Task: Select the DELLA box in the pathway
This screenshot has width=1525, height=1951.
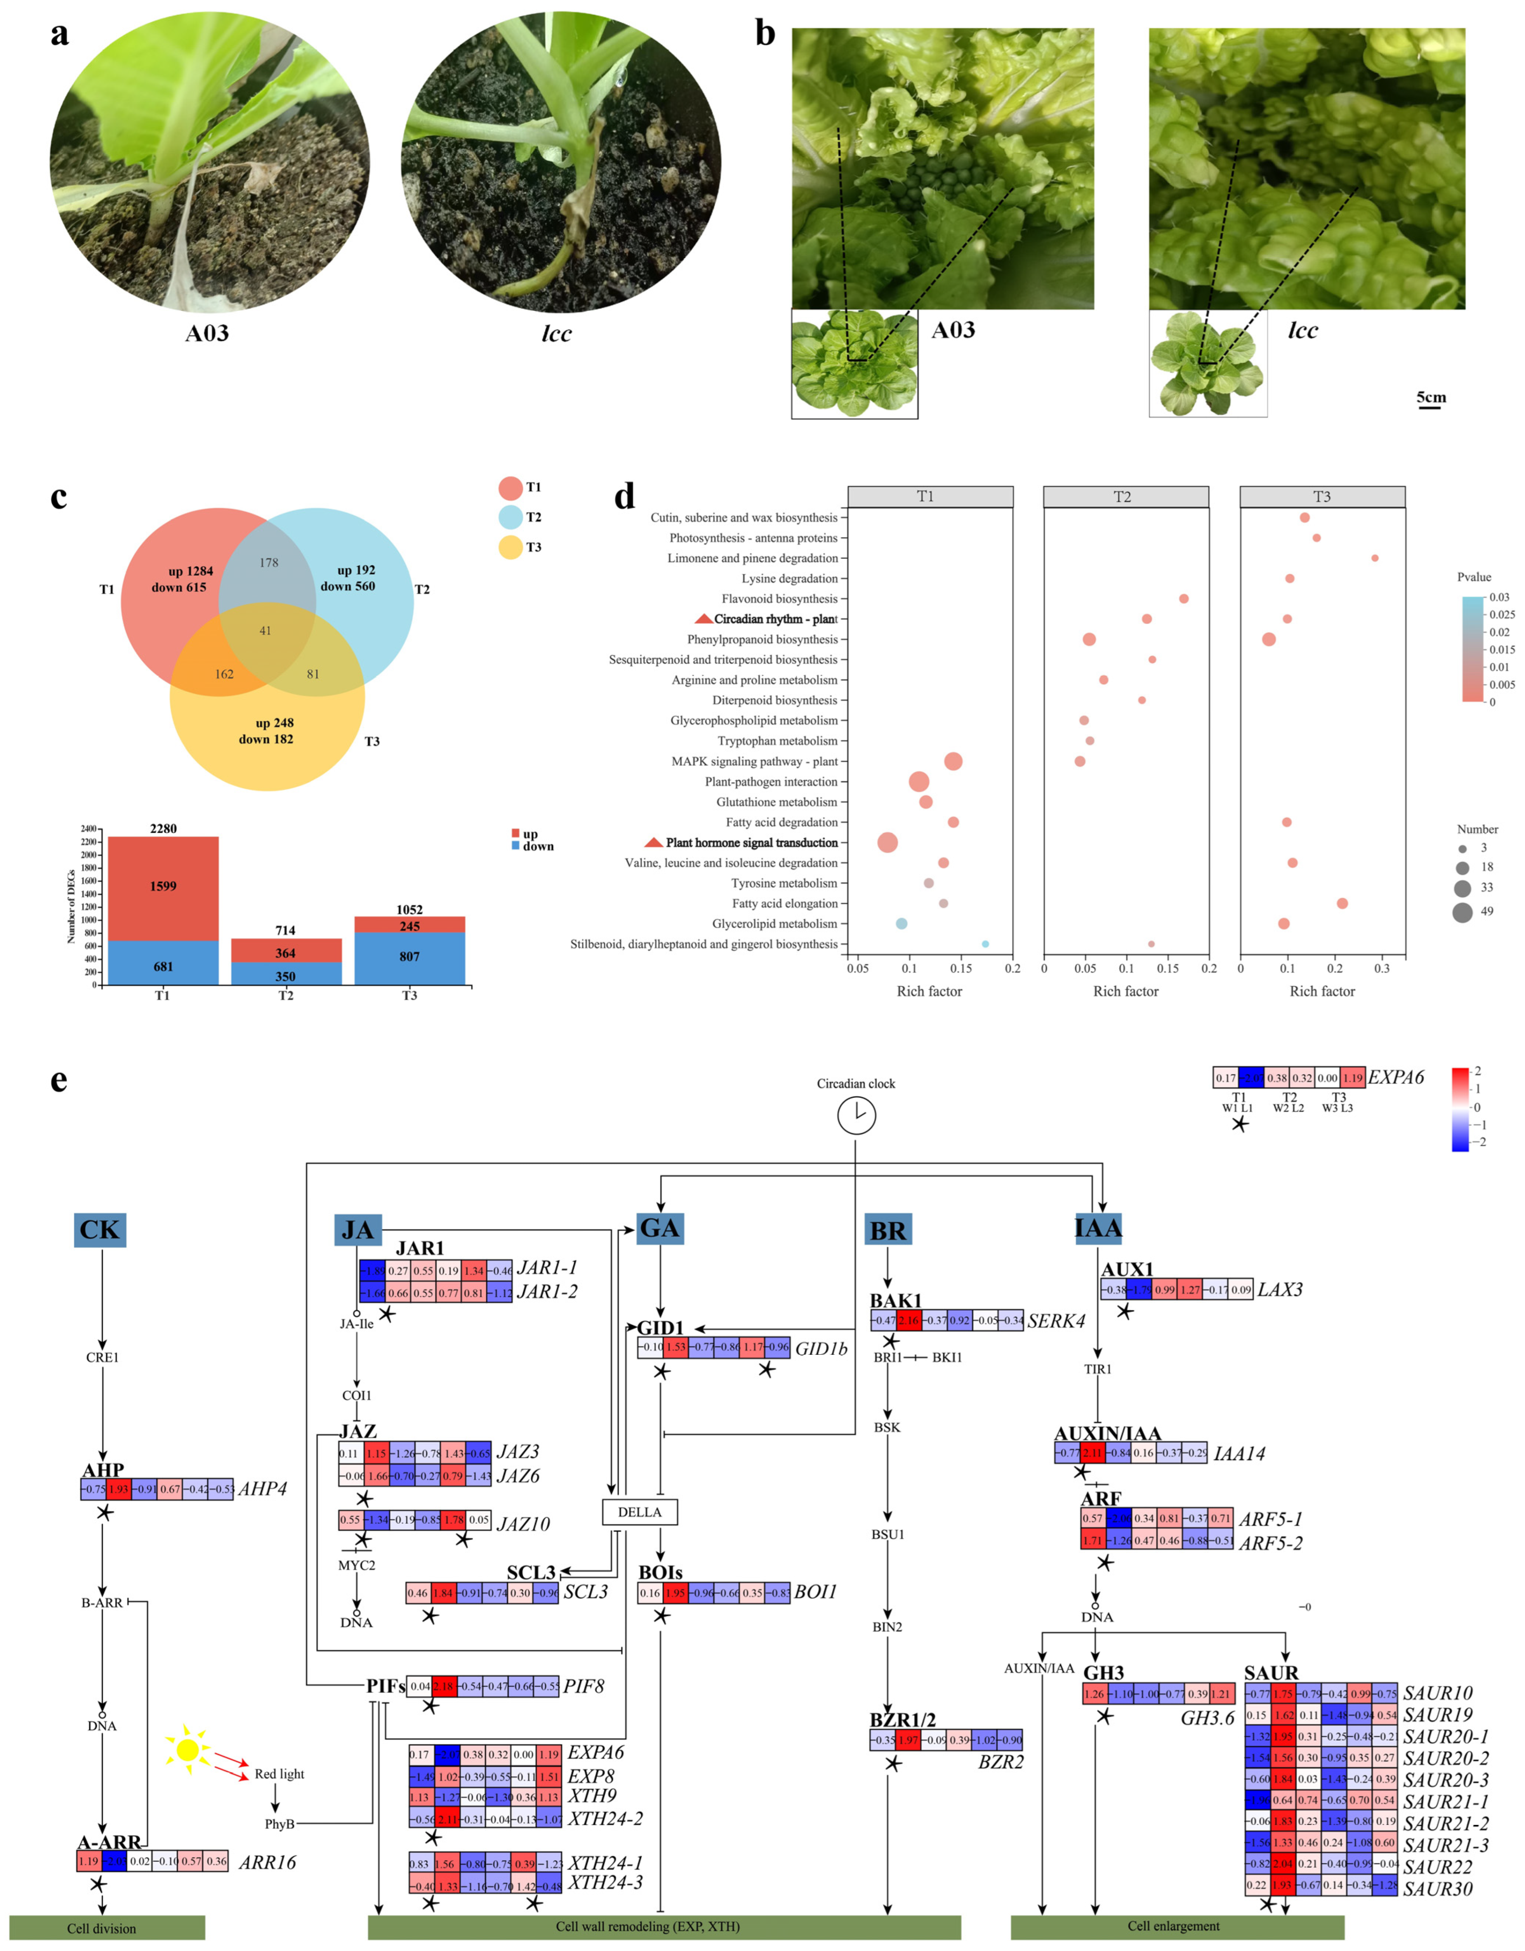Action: pos(640,1512)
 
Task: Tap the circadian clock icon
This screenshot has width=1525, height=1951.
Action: pos(856,1115)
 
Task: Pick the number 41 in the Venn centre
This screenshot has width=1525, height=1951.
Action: pos(265,631)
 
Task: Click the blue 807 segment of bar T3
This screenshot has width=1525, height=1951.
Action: pos(409,957)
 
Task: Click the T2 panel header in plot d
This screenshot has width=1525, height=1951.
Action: pos(1126,497)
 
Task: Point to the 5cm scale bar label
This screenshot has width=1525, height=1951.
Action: pos(1430,397)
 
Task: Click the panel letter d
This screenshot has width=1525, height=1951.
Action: pos(624,497)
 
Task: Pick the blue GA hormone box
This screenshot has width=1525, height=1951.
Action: pos(659,1228)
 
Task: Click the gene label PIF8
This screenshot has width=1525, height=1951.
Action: pos(584,1686)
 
